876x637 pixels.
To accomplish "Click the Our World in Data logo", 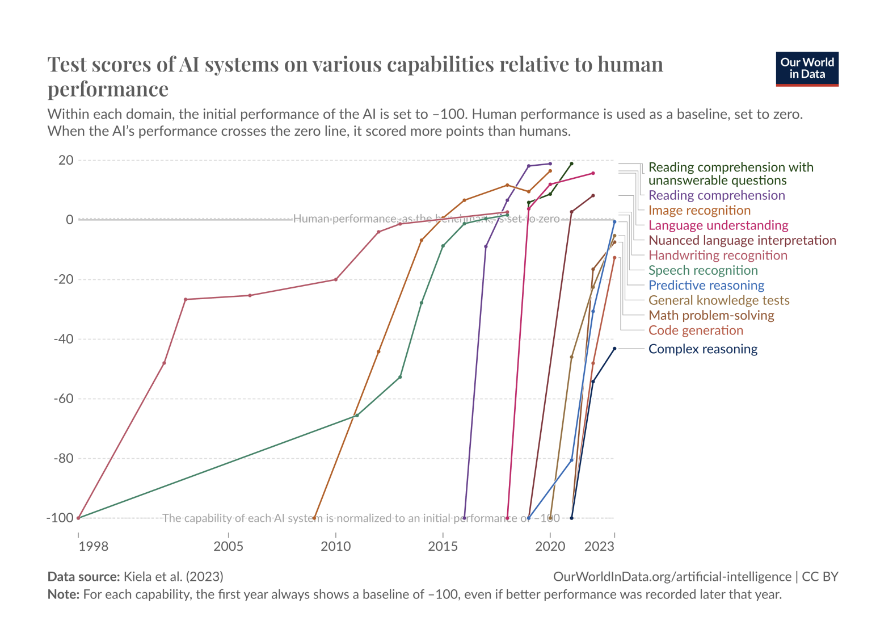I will tap(807, 69).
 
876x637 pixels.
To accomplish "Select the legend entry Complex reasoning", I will tap(702, 349).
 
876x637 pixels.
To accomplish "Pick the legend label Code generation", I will tap(696, 330).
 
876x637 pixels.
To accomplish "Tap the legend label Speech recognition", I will tap(703, 270).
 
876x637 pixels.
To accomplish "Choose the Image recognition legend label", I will tap(699, 210).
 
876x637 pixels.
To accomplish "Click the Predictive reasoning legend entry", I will tap(706, 286).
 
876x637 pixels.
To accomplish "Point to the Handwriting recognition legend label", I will tap(718, 255).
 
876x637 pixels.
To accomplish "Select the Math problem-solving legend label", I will tap(711, 316).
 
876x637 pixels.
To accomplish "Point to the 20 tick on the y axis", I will tap(66, 160).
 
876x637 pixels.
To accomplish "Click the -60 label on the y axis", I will tap(64, 399).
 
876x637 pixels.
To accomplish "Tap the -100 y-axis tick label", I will tap(60, 518).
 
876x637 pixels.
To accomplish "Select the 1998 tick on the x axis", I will tap(94, 546).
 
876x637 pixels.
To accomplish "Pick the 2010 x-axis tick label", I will tap(336, 546).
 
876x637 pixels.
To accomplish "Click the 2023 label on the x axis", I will tap(599, 546).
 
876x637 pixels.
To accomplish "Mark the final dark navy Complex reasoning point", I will tap(614, 349).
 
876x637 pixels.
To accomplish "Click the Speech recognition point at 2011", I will tap(357, 416).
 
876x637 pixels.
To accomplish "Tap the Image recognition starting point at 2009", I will tap(314, 518).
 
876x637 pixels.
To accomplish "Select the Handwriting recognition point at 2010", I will tap(336, 279).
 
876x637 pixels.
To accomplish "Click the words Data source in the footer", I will tap(83, 577).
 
